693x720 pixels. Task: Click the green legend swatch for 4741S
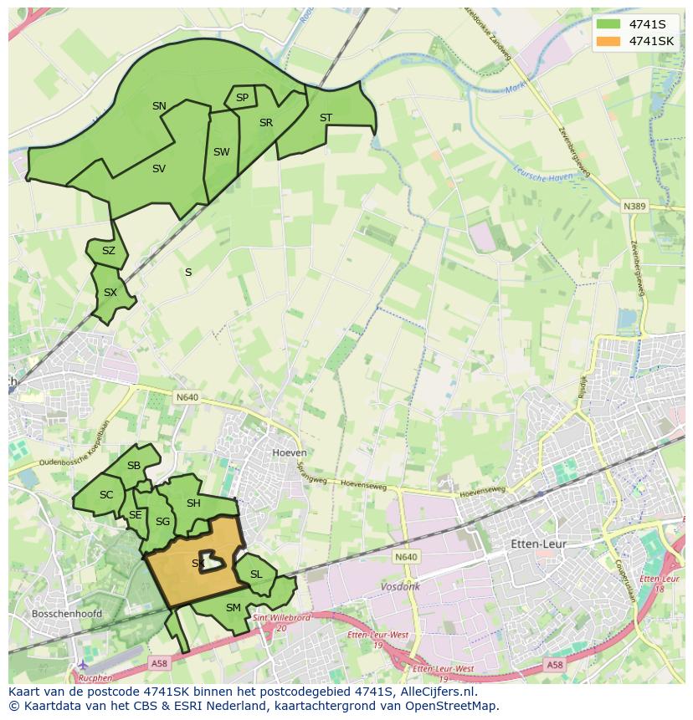(608, 23)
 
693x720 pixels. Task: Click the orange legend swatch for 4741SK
(608, 41)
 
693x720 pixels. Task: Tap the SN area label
(159, 106)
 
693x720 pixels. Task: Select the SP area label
(242, 98)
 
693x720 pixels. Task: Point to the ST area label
(326, 118)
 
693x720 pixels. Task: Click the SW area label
(221, 152)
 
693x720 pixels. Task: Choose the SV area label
(159, 169)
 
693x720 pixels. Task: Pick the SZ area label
(109, 251)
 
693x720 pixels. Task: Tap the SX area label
(110, 293)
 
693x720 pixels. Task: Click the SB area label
(134, 466)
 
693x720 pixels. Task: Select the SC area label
(106, 495)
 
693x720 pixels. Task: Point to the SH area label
(193, 503)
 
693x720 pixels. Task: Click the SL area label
(256, 574)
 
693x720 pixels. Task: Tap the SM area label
(234, 608)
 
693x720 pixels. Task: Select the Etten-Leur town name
(538, 544)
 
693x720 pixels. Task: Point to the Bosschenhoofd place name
(66, 614)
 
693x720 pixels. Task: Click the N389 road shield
(634, 206)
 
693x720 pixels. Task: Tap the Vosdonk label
(400, 587)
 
